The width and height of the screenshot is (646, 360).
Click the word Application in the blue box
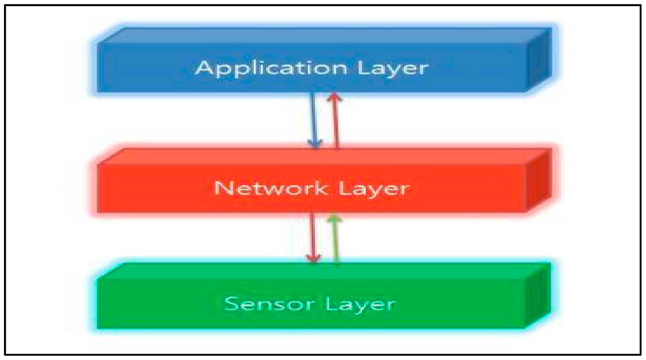pos(271,68)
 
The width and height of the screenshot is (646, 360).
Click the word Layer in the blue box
pos(392,68)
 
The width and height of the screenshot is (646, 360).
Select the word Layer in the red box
pos(373,188)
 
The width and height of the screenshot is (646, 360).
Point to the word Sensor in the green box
pos(270,304)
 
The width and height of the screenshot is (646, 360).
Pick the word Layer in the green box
pos(360,304)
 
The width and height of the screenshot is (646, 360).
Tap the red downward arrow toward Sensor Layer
pos(313,237)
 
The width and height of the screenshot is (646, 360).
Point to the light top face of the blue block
pos(323,35)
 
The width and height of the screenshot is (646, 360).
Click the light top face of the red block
pos(323,156)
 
